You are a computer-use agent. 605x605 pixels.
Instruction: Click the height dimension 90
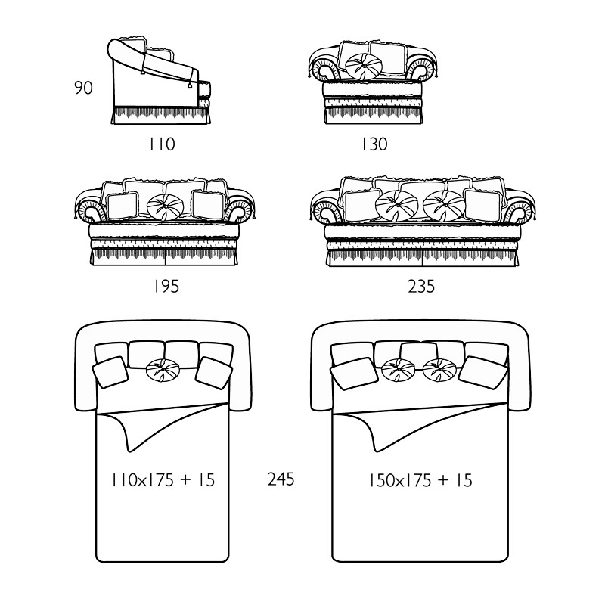83,88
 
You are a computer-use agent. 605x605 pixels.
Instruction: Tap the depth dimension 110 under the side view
162,144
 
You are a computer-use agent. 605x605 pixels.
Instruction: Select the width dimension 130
374,144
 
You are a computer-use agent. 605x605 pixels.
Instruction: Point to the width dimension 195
166,287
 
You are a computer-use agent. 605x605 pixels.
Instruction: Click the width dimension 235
421,287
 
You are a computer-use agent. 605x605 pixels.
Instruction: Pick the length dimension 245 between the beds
281,479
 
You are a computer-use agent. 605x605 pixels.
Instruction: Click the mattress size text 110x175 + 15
163,480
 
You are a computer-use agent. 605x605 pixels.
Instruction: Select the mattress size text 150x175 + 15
420,480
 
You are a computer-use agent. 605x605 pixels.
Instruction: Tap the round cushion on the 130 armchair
364,67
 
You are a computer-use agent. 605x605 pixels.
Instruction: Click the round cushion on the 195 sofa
165,206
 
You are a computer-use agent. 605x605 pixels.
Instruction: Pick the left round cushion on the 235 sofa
396,204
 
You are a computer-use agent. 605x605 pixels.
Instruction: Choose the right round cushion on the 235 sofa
444,204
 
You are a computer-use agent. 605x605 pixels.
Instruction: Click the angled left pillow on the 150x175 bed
353,374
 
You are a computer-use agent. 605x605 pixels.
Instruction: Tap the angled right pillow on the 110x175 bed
213,373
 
